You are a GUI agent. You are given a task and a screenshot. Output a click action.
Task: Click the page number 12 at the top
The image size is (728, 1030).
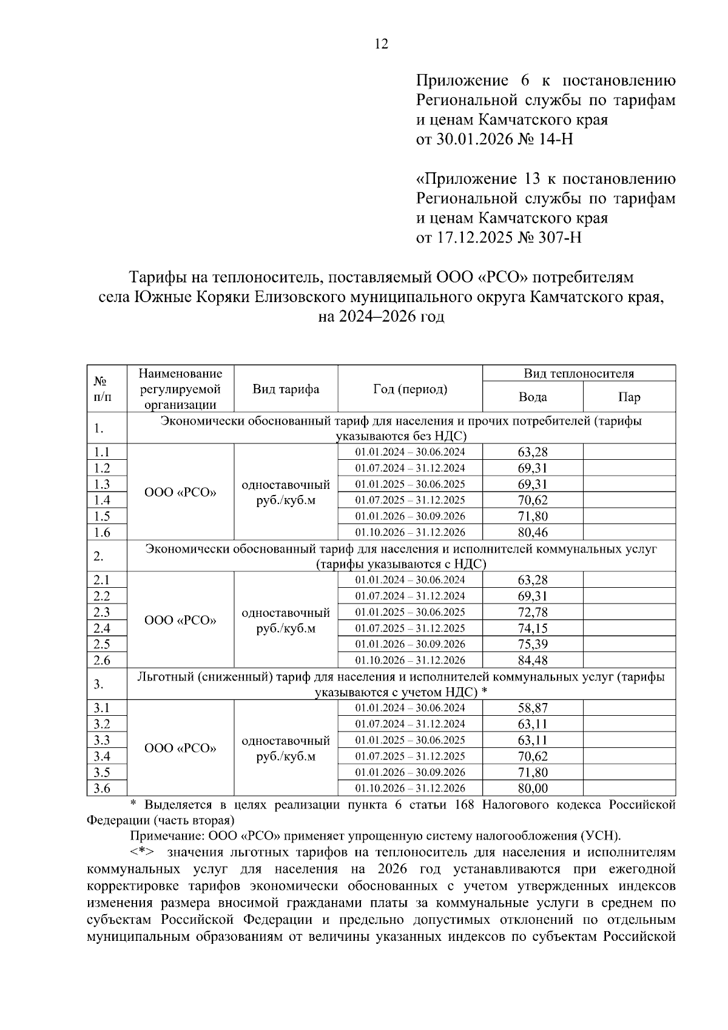(x=382, y=44)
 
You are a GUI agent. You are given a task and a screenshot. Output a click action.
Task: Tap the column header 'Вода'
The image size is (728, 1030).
(x=533, y=397)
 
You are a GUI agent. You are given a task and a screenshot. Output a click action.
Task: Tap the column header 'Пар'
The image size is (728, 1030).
(x=629, y=397)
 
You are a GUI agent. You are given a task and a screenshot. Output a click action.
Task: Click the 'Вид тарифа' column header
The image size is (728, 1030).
(x=286, y=389)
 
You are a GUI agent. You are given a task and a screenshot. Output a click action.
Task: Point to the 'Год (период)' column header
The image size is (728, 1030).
(x=410, y=389)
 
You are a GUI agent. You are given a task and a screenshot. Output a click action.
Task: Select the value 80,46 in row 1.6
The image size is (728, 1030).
(x=533, y=533)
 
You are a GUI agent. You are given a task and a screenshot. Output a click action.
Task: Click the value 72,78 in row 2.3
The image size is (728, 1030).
(x=533, y=612)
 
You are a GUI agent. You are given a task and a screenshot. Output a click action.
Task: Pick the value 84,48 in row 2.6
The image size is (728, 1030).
(x=533, y=660)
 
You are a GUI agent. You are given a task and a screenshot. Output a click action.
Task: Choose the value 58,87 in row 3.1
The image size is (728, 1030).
(x=533, y=708)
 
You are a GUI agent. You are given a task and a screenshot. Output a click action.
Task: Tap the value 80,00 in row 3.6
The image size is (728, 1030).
(x=533, y=788)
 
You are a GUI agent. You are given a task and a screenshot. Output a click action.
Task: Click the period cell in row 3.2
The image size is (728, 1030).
(x=410, y=724)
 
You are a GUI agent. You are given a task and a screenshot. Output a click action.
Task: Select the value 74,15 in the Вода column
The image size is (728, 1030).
(x=533, y=628)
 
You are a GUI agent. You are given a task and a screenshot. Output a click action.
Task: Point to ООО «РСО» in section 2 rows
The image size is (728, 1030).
(x=180, y=621)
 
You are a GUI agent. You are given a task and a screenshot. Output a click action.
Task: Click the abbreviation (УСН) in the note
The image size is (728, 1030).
(x=601, y=836)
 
